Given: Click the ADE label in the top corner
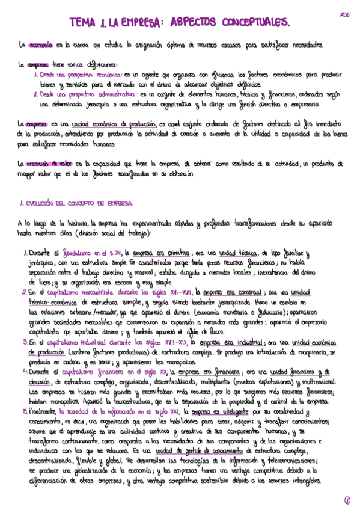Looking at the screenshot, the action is [x=344, y=13].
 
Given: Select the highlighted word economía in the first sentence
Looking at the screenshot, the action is [x=41, y=45].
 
